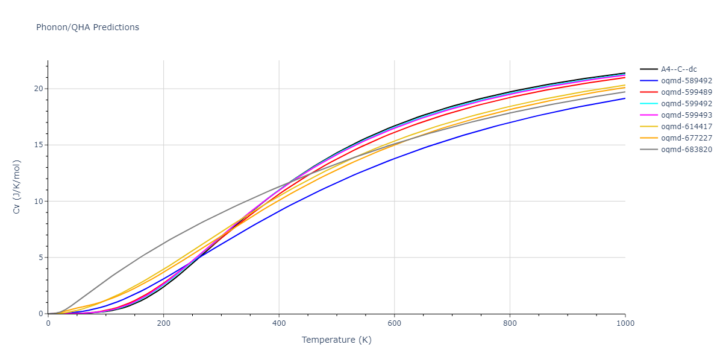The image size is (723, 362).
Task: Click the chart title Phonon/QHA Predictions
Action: pos(87,27)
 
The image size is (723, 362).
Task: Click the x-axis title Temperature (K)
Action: pos(336,340)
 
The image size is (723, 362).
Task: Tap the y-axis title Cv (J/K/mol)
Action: pos(17,187)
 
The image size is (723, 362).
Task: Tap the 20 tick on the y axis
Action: pos(39,89)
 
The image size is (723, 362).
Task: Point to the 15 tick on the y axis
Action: pos(39,145)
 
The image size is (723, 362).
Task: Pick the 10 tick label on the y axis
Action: pos(39,202)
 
